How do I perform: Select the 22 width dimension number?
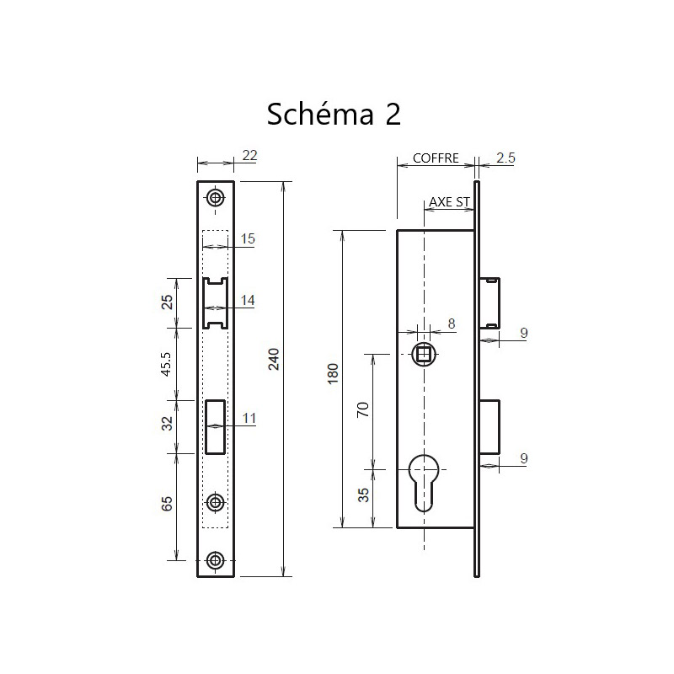point(249,154)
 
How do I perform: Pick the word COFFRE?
point(436,158)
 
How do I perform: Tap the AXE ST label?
point(448,201)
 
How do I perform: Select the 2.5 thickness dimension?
point(506,158)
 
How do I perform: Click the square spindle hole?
point(425,354)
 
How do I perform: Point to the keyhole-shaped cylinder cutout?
point(425,478)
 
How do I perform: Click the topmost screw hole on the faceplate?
point(217,198)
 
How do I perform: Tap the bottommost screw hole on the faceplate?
point(217,560)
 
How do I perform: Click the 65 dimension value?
point(166,504)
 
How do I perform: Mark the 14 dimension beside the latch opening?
point(248,300)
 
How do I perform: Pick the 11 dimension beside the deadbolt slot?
point(248,419)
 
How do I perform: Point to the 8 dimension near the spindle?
point(452,323)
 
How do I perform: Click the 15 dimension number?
point(248,239)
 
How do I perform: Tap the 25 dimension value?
point(166,301)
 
